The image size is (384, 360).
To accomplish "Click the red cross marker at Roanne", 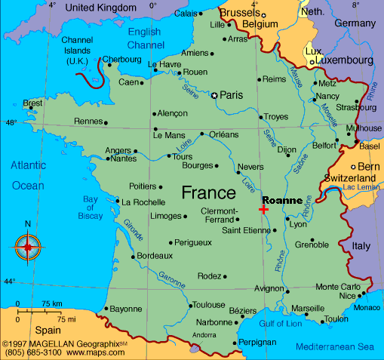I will tap(263, 209).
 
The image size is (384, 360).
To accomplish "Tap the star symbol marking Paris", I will tap(214, 95).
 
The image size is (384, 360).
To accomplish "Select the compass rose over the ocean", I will tap(28, 246).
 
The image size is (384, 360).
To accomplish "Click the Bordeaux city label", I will tap(155, 256).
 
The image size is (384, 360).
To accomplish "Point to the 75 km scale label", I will tap(51, 303).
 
